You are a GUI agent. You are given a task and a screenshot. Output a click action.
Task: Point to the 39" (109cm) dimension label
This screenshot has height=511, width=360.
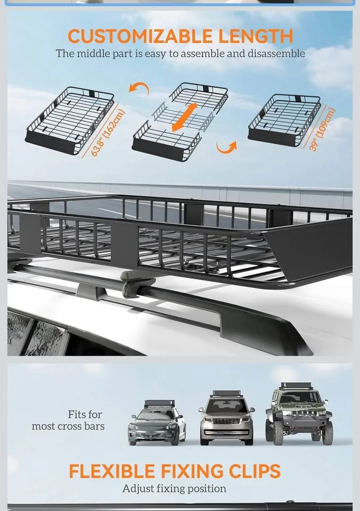point(323,130)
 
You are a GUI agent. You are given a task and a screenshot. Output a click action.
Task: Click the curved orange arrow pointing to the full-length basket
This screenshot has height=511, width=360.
point(141,89)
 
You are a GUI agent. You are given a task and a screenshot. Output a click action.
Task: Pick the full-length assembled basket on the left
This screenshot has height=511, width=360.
point(69,120)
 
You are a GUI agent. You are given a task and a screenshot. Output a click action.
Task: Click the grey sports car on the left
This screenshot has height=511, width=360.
point(157,424)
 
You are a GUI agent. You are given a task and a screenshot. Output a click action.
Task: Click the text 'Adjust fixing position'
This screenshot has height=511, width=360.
point(174,488)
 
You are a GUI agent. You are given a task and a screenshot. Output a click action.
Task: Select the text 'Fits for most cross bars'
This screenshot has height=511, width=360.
point(68,420)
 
